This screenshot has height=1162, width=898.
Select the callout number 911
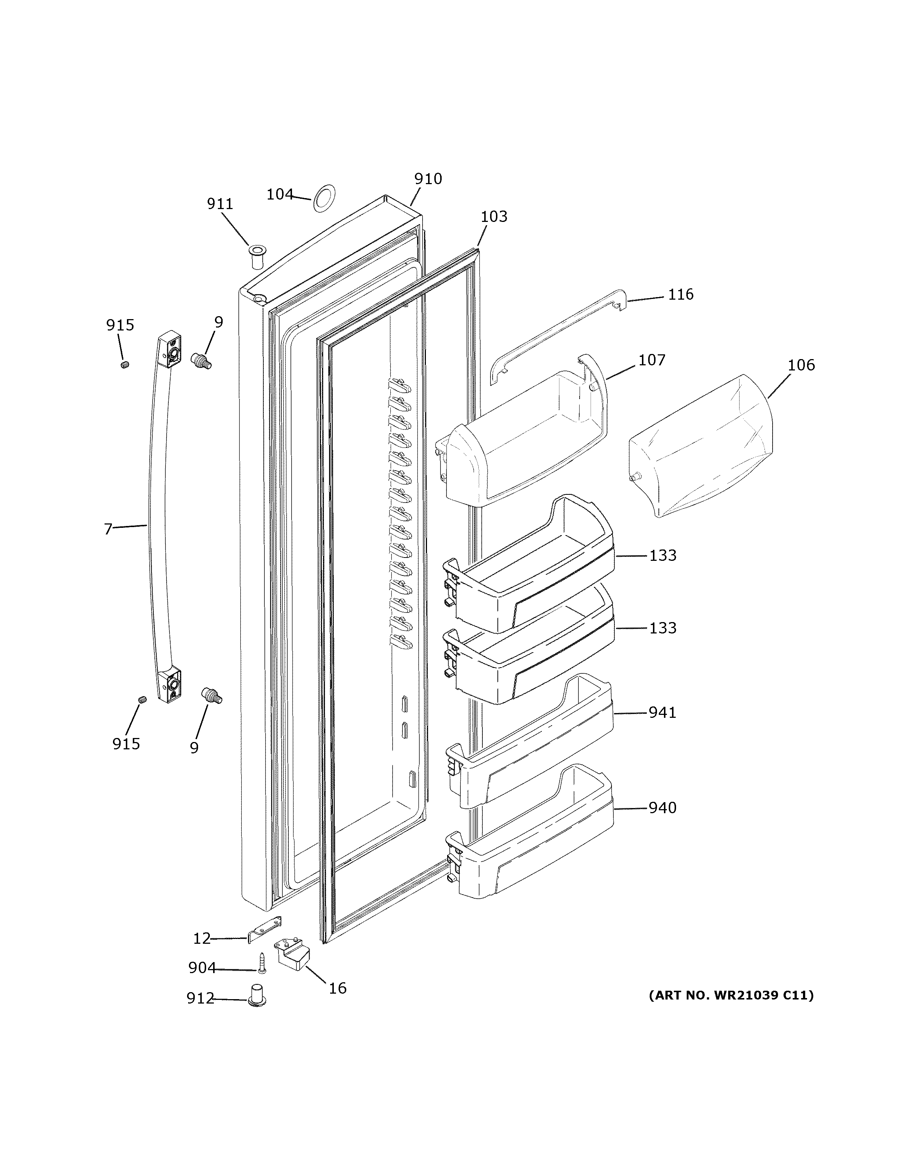point(220,204)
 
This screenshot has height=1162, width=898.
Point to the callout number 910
point(428,179)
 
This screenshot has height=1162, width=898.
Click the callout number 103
point(494,216)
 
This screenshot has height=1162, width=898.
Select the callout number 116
point(680,294)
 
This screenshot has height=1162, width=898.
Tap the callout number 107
point(652,360)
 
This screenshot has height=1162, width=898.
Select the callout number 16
point(337,988)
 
